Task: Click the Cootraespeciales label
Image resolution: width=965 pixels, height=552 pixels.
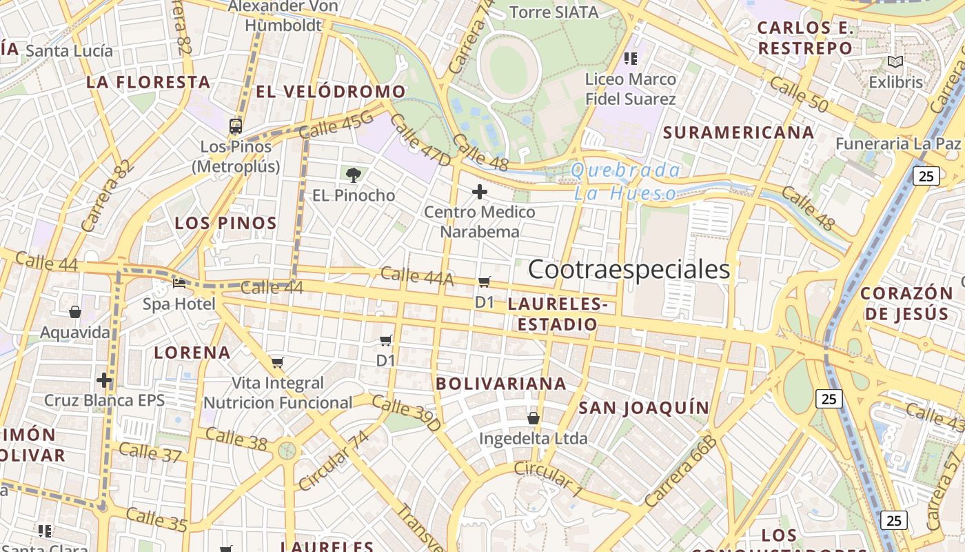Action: [x=629, y=270]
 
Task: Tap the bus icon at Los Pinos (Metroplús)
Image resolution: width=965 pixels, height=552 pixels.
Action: [x=236, y=126]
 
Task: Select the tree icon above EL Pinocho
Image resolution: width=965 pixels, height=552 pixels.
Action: [x=354, y=175]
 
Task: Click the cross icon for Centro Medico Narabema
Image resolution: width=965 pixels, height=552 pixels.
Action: [x=480, y=191]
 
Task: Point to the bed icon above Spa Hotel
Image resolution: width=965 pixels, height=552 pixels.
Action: [x=179, y=283]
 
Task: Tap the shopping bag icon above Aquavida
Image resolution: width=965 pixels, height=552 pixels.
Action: [x=75, y=313]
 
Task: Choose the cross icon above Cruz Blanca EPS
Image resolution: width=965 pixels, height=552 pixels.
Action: [x=104, y=380]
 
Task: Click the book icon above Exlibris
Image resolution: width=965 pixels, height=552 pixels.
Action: [x=895, y=62]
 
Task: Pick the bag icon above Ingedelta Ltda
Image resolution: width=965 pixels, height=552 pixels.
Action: [x=533, y=418]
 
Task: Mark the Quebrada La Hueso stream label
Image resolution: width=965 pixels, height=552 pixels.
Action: [x=626, y=182]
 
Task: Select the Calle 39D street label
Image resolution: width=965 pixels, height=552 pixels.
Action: [x=405, y=413]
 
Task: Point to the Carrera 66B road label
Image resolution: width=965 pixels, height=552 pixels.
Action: [x=680, y=471]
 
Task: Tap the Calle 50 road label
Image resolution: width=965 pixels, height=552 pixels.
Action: [x=798, y=95]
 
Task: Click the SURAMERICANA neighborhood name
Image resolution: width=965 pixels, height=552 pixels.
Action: [x=738, y=132]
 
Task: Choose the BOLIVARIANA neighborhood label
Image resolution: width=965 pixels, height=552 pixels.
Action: [x=501, y=384]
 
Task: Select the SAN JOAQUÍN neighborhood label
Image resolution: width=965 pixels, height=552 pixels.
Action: [x=644, y=408]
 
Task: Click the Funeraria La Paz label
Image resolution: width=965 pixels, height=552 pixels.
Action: [x=897, y=144]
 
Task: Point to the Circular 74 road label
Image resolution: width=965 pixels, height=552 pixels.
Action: [x=334, y=460]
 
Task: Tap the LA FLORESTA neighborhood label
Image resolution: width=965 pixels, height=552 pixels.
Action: [x=148, y=82]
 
